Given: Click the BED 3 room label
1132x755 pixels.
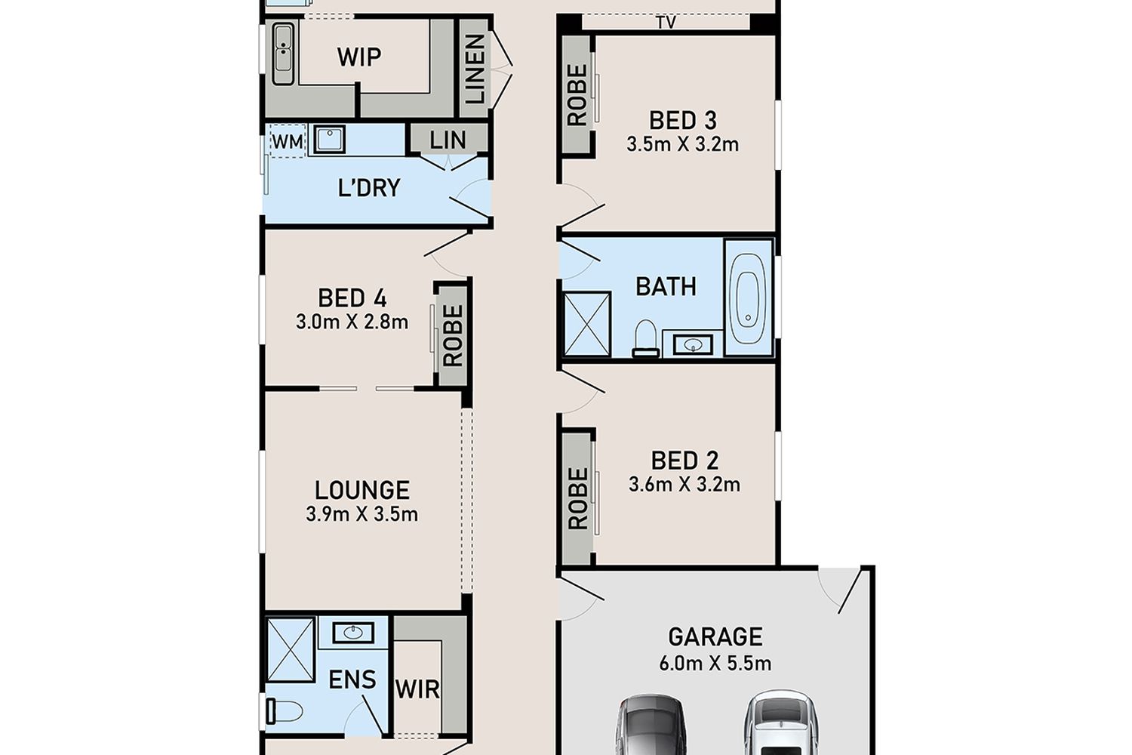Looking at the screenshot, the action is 683,120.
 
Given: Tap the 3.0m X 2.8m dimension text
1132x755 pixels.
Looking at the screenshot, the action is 352,322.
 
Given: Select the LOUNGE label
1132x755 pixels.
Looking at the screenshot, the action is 362,490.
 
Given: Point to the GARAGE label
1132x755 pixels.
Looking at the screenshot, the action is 715,636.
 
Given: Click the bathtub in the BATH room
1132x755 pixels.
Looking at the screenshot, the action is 749,297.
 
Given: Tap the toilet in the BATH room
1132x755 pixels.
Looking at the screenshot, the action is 645,337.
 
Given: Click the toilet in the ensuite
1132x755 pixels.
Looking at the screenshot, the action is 284,711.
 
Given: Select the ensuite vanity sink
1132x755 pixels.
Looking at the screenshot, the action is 353,632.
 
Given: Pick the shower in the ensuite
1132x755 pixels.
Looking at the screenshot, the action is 290,649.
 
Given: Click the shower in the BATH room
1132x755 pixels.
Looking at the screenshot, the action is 586,323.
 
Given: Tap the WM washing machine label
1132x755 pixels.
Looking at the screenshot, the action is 288,142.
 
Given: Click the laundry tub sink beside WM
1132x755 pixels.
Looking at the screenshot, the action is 329,139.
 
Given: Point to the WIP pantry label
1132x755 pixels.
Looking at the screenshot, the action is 359,57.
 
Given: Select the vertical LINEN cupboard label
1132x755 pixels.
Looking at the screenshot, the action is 475,69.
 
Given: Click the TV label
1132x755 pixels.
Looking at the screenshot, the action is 666,23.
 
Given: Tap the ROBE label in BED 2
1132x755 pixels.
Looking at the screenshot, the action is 578,498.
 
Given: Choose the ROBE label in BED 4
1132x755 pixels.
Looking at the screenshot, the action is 453,335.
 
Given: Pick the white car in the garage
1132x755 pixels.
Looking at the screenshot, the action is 781,723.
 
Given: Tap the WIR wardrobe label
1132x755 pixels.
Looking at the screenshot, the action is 417,689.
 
